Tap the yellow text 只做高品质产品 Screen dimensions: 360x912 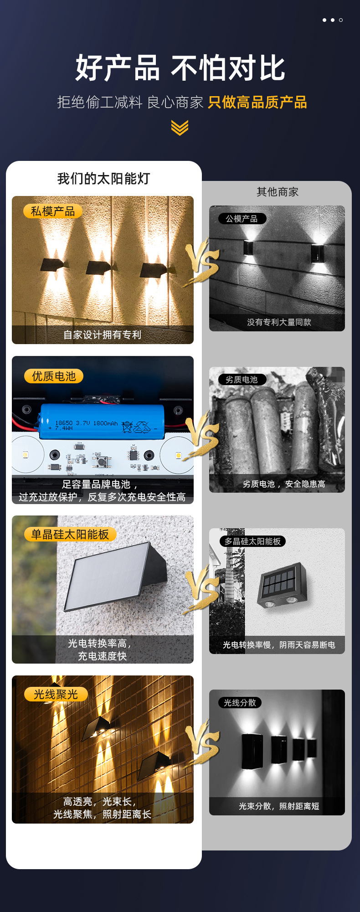pos(257,102)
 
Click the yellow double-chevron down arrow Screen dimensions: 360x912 pos(180,128)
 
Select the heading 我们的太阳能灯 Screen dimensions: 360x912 pos(104,179)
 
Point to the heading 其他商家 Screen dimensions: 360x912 pos(278,192)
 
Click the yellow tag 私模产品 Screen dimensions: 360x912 pos(53,211)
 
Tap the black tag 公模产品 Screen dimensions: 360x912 pos(242,219)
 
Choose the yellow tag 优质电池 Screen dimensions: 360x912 pos(54,376)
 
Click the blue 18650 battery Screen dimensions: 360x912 pos(101,422)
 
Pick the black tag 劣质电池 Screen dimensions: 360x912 pos(242,380)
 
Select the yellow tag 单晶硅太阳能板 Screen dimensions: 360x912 pos(70,534)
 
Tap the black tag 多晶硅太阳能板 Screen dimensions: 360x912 pos(252,541)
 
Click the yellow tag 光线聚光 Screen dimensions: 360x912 pos(56,694)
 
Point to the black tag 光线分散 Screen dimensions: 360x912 pos(240,703)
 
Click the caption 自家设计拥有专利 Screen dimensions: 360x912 pos(103,335)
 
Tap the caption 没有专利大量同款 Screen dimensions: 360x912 pos(279,322)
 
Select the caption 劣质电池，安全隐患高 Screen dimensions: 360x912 pos(284,484)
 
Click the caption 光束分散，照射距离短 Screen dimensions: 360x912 pos(279,806)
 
